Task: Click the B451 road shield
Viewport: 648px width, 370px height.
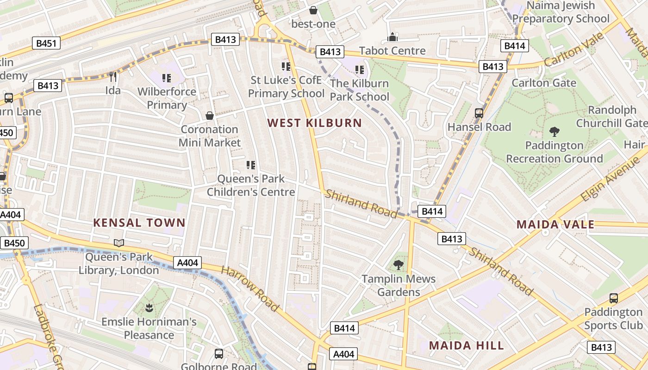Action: [46, 44]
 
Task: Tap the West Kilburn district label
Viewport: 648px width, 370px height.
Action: [315, 123]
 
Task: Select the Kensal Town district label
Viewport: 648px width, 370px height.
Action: [139, 222]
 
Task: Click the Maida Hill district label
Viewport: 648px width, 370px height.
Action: [466, 345]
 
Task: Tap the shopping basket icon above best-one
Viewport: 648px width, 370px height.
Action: [313, 10]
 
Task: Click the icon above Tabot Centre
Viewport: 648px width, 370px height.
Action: [393, 37]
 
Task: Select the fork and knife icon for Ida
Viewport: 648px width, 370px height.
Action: [112, 76]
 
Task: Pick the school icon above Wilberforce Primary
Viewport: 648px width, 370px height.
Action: [166, 78]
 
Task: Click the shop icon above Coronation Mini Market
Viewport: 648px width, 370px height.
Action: [210, 115]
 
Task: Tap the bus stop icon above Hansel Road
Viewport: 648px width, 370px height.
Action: [479, 113]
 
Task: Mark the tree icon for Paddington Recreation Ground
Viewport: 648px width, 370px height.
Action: [554, 132]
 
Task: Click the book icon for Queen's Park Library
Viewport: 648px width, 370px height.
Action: [119, 243]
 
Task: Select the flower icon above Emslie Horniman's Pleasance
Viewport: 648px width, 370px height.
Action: [149, 308]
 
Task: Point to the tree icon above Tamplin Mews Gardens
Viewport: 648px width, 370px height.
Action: [398, 265]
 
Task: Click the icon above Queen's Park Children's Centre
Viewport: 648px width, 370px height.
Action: [251, 165]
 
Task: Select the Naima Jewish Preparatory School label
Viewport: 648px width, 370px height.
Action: [561, 12]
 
